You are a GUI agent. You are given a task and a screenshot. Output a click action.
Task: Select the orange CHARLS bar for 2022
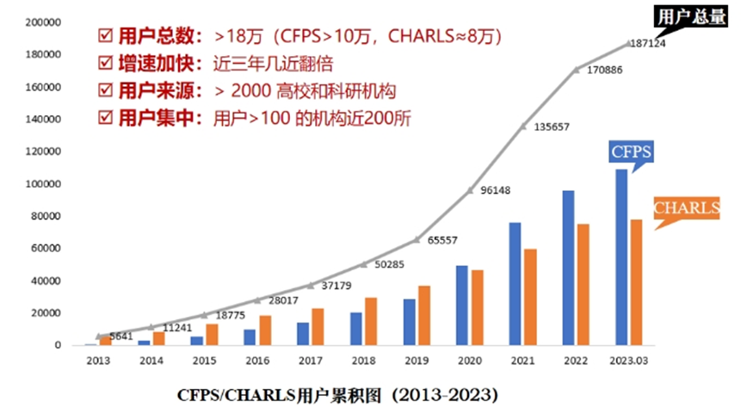pyautogui.click(x=583, y=284)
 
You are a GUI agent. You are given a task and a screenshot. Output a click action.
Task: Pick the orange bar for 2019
pyautogui.click(x=424, y=315)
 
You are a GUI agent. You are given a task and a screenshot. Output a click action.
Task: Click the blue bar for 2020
pyautogui.click(x=461, y=305)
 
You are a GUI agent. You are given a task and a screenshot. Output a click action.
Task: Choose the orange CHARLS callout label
pyautogui.click(x=687, y=207)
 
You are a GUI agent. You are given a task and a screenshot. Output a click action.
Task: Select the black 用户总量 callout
pyautogui.click(x=686, y=16)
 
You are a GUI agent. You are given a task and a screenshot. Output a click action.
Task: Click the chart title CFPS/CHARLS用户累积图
pyautogui.click(x=337, y=394)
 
